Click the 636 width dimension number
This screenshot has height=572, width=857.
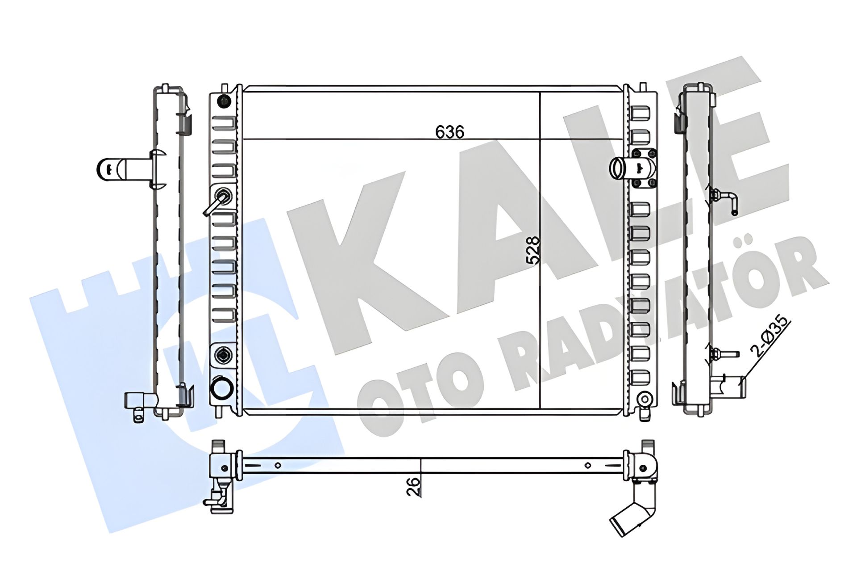coord(450,132)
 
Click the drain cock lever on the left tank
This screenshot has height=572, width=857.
coord(216,202)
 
